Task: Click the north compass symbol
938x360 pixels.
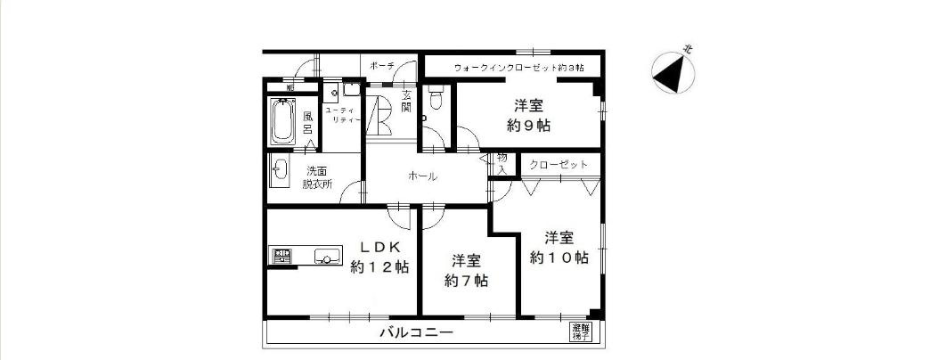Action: pos(673,72)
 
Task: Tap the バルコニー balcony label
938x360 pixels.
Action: pos(417,333)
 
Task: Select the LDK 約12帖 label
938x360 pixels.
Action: pos(379,257)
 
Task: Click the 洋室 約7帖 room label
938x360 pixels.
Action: pos(466,270)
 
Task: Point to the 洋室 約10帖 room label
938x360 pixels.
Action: pos(559,247)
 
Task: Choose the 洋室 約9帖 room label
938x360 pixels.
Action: pos(528,115)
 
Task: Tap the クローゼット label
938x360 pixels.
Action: pos(559,165)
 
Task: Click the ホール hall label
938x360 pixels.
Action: pos(422,176)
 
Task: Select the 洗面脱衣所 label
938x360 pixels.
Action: pos(316,177)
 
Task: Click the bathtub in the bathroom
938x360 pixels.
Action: pos(283,122)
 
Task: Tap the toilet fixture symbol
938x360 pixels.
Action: pos(433,100)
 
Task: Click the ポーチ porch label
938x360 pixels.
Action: pos(381,66)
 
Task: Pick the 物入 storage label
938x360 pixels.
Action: pos(502,163)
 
